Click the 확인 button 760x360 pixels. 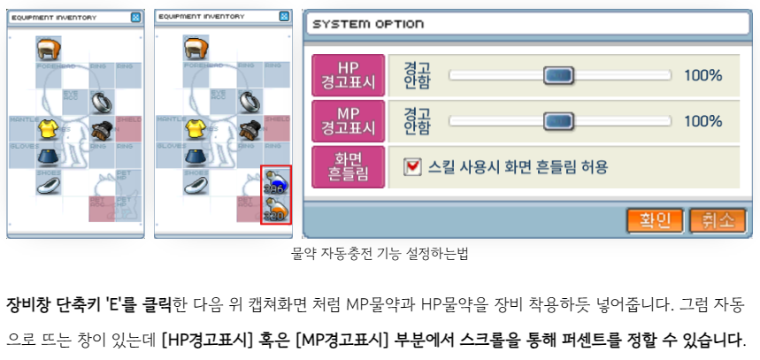pos(655,219)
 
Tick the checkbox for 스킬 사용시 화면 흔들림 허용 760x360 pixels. pos(412,165)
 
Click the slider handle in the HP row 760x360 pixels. pos(558,75)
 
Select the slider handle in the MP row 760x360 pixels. pos(558,120)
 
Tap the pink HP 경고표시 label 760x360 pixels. pos(349,75)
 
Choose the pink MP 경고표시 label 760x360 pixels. pos(349,120)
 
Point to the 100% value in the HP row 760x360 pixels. pos(702,75)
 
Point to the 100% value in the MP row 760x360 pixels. pos(702,120)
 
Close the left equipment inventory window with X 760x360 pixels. pos(135,16)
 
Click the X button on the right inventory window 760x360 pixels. pos(283,16)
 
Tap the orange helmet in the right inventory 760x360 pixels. pos(196,47)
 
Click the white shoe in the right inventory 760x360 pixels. pos(196,183)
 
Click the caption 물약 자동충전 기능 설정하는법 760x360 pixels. pos(380,254)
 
